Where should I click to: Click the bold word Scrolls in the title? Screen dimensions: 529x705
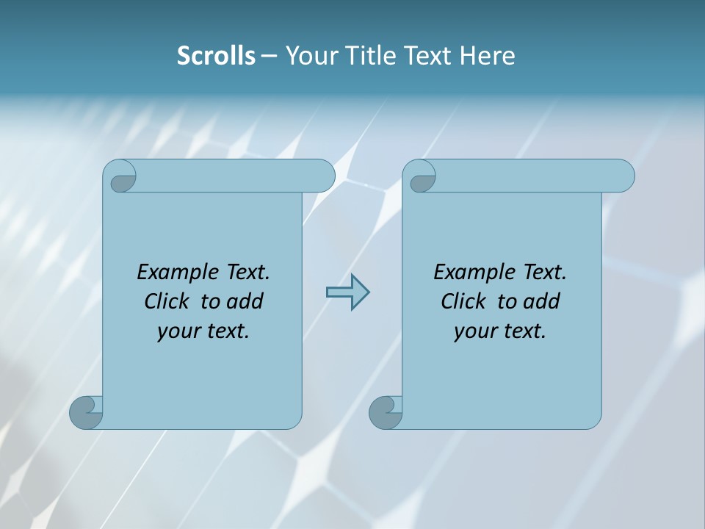tap(216, 56)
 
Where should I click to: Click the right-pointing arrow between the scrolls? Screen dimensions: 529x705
tap(347, 292)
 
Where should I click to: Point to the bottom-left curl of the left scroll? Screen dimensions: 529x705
tap(86, 412)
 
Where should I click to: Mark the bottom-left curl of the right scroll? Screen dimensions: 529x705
tap(386, 412)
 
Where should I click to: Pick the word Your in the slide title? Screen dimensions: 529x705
tap(307, 56)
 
